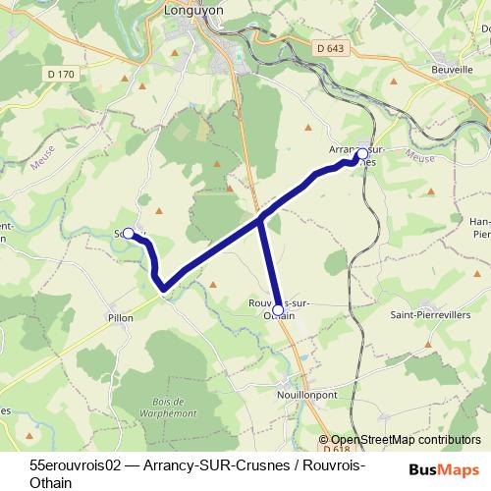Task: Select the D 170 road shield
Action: [60, 75]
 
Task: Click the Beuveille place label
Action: [454, 70]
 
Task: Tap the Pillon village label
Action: [120, 318]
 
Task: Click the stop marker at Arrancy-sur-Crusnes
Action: [361, 154]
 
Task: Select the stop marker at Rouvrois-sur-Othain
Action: [278, 310]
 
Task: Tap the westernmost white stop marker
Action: [128, 234]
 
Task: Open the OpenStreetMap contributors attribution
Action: [405, 441]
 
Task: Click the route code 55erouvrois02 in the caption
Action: [75, 463]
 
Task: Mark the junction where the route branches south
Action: [261, 220]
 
